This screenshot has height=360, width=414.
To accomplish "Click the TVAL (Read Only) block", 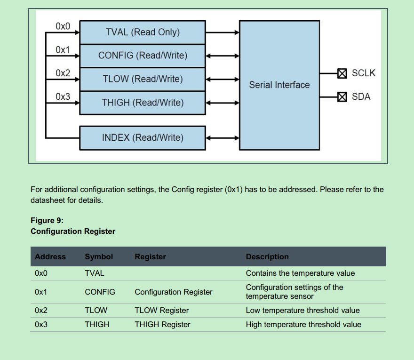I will [x=143, y=32].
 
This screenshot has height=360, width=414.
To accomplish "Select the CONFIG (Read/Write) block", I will [x=143, y=56].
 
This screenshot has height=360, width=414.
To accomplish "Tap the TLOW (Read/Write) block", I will [x=143, y=79].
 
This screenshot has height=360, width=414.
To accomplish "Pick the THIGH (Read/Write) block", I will [x=143, y=103].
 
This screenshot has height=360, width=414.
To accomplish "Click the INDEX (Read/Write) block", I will [x=143, y=138].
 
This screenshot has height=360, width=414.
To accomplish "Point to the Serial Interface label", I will [x=279, y=85].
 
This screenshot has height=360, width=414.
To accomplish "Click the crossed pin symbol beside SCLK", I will [x=342, y=73].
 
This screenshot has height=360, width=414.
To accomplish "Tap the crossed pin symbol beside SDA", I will [x=342, y=97].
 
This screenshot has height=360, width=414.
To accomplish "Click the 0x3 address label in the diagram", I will [x=63, y=97].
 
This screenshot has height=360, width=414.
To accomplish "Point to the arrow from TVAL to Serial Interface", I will [x=223, y=32].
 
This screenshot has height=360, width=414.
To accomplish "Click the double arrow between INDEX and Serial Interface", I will [x=223, y=138].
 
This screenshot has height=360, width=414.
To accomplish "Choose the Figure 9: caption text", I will [x=47, y=220].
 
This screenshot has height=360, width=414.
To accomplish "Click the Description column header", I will [x=267, y=257].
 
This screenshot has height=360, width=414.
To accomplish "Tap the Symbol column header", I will [x=99, y=257].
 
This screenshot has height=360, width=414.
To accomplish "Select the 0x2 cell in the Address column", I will [x=41, y=311].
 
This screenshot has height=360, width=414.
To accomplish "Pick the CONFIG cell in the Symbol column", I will [x=100, y=292].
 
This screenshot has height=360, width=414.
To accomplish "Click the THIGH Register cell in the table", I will [x=162, y=325].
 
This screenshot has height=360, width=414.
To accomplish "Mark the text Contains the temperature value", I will [x=300, y=273].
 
